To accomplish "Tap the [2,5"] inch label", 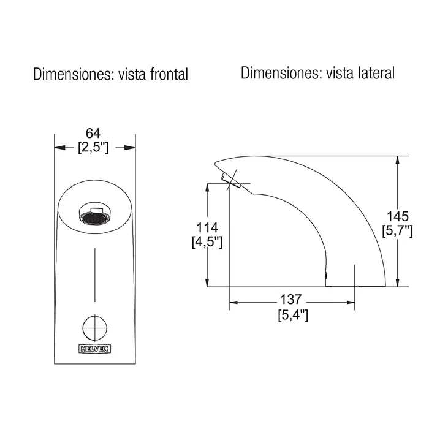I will coord(93,148).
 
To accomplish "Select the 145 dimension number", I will coord(398,217).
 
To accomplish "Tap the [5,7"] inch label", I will coord(398,231).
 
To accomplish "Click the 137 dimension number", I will coord(292,300).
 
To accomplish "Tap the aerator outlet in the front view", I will coord(94,216).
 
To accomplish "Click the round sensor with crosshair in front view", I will coord(94,326).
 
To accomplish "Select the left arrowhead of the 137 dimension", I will coord(234,302).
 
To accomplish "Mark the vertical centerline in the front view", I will coord(95,276).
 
